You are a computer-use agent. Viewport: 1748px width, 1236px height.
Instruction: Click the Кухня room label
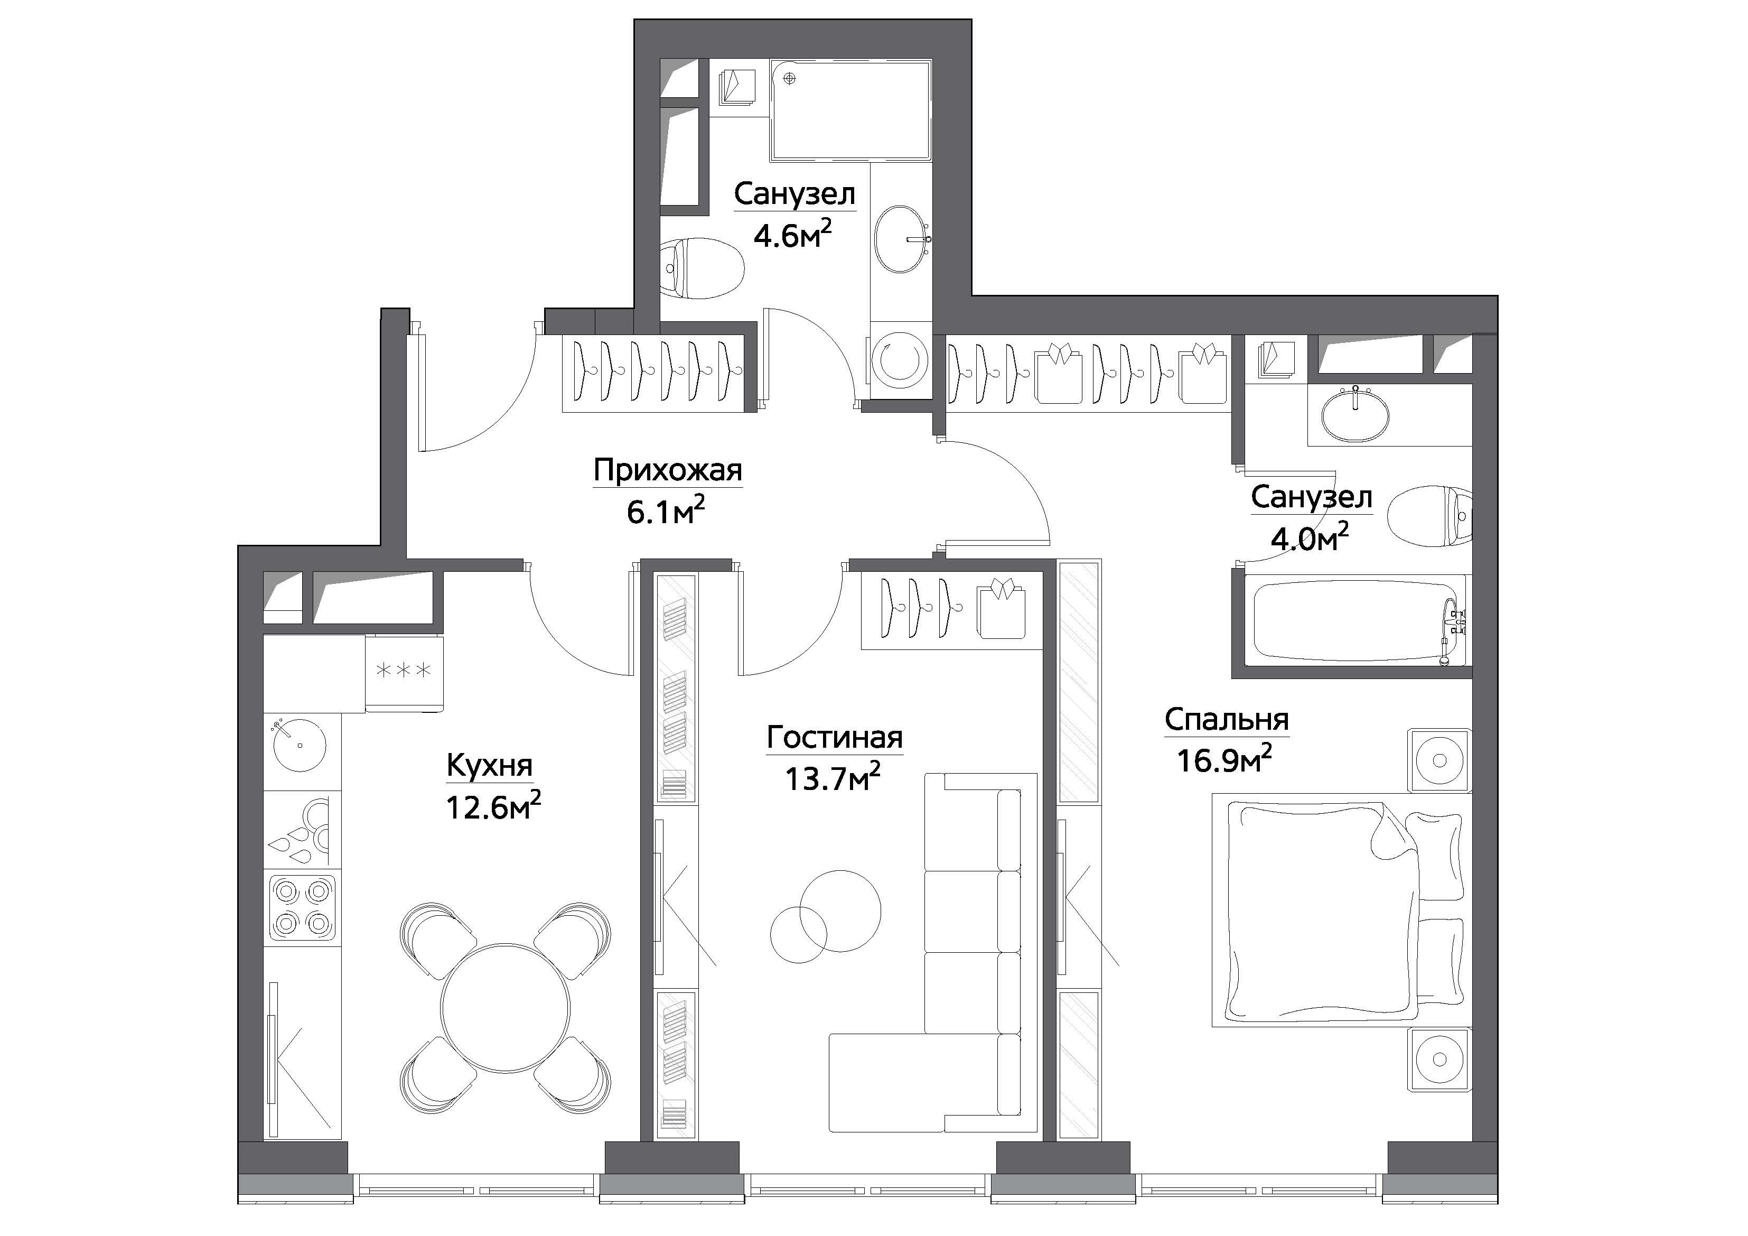490,765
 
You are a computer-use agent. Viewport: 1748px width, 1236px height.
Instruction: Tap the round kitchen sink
299,744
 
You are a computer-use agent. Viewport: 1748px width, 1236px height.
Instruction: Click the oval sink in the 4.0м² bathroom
1355,415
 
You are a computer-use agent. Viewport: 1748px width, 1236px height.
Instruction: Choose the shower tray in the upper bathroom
851,110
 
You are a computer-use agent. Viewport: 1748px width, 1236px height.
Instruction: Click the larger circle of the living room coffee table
840,912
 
